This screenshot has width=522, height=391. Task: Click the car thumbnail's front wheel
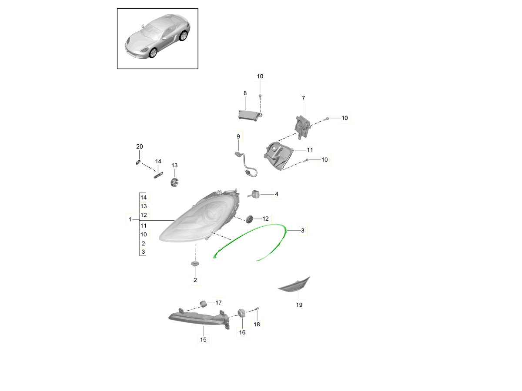153,53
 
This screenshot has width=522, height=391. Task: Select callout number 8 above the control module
245,93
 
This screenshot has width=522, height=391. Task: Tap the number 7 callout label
303,98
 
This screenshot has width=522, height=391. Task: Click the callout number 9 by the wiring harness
238,136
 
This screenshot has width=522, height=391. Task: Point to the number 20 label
140,146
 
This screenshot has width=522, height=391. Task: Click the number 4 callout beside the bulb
277,194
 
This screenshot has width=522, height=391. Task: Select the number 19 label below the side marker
299,305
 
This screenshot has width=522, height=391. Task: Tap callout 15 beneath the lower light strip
203,339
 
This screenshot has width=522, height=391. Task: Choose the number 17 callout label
218,302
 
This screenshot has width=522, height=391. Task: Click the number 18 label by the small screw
257,324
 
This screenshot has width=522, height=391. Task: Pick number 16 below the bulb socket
242,332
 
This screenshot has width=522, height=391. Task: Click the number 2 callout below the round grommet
195,280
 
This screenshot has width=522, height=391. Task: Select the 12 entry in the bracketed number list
144,215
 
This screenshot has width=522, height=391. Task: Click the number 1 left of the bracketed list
130,219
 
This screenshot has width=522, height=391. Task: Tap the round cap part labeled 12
249,219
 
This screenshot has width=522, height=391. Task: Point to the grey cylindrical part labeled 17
203,304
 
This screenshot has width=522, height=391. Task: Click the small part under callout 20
138,162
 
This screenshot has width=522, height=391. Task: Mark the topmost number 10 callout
260,76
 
